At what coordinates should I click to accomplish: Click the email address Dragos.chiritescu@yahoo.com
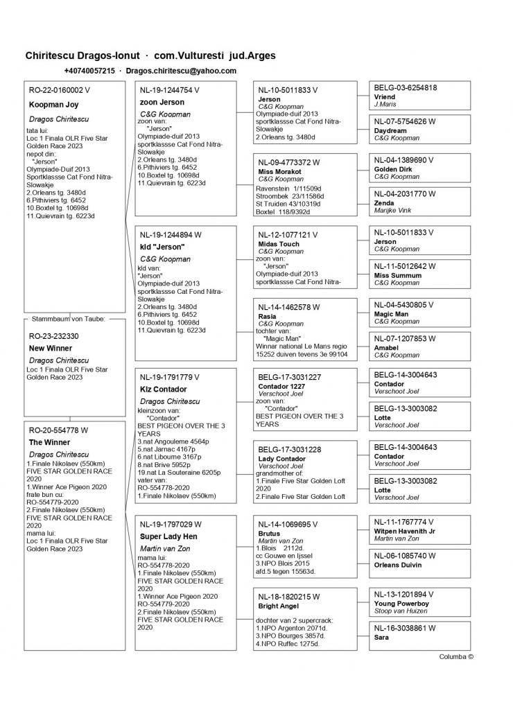tap(181, 71)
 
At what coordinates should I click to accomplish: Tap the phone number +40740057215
tap(89, 71)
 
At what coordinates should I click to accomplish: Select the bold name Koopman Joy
tap(53, 105)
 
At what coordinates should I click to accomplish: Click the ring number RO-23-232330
tap(53, 335)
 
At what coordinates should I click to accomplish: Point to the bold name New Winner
tap(50, 348)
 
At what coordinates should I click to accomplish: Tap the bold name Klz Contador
tap(163, 389)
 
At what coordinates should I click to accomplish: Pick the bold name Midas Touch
tap(279, 244)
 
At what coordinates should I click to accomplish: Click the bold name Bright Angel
tap(277, 606)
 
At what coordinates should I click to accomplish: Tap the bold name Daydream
tap(390, 130)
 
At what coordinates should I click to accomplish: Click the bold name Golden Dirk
tap(393, 169)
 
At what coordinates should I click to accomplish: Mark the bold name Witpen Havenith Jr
tap(405, 530)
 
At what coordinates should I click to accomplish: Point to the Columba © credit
tap(456, 656)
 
